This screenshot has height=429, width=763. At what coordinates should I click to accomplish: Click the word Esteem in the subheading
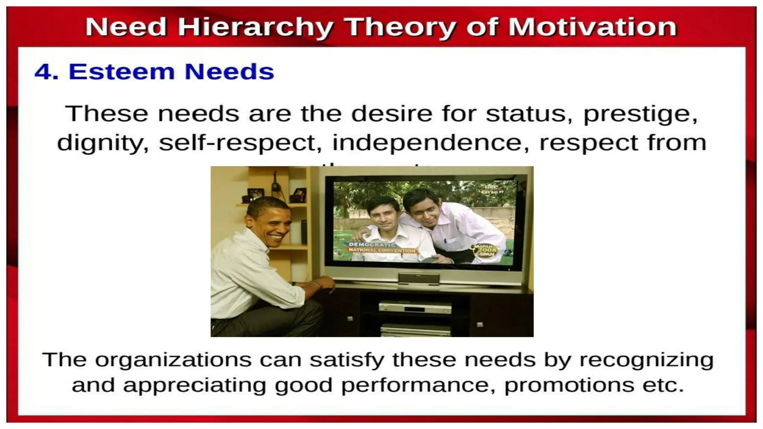click(x=121, y=71)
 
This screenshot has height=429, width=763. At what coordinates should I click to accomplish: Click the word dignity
click(x=103, y=143)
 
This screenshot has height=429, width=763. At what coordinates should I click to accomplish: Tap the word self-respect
click(x=240, y=143)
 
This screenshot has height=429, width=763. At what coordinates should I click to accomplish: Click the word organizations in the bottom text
click(x=173, y=360)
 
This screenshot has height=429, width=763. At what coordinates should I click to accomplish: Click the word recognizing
click(x=646, y=360)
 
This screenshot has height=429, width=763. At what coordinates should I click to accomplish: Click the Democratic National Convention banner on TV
click(x=380, y=248)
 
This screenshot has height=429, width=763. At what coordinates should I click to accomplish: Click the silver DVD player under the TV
click(x=415, y=307)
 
